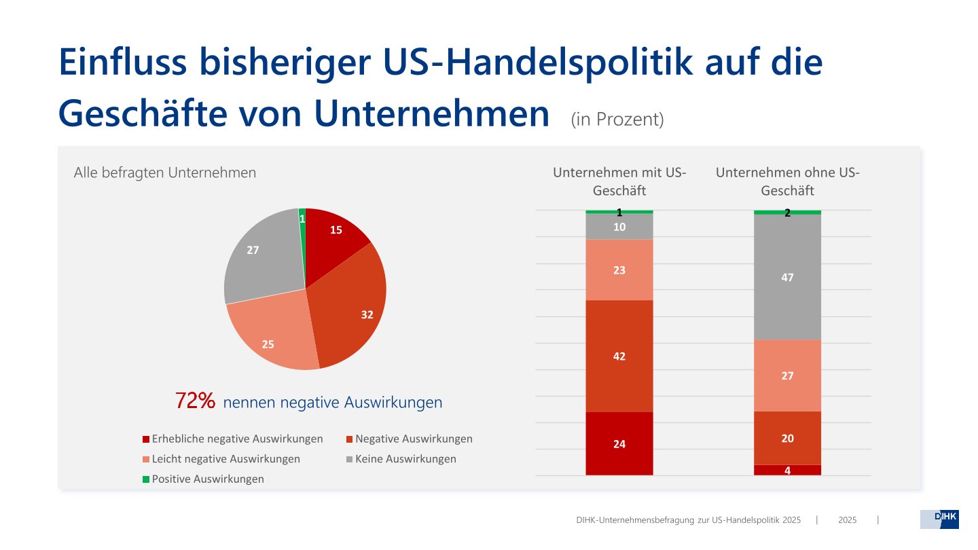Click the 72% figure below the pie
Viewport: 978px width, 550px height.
pos(196,401)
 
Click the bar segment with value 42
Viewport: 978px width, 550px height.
pos(619,356)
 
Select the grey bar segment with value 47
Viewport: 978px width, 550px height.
pos(788,277)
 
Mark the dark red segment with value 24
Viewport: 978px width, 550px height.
pos(619,444)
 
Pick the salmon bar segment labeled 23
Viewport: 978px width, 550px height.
pos(619,270)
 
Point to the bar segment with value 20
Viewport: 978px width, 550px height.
pos(788,438)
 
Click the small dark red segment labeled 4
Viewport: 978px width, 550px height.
pos(788,470)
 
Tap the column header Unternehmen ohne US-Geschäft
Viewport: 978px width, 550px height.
pos(788,181)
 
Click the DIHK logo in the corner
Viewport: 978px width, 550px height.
pos(939,519)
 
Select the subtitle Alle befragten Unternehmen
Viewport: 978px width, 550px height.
pos(165,172)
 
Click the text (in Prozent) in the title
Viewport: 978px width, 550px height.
pos(617,120)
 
